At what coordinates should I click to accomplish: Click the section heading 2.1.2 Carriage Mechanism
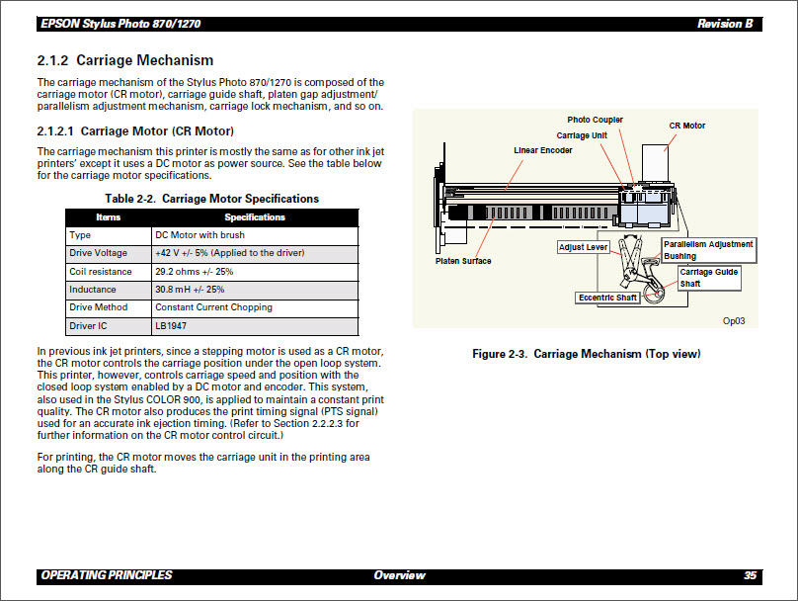pyautogui.click(x=125, y=60)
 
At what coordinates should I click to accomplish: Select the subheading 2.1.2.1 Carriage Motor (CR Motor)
pyautogui.click(x=135, y=130)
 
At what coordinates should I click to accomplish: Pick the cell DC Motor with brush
pyautogui.click(x=199, y=235)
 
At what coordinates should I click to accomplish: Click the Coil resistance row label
pyautogui.click(x=100, y=272)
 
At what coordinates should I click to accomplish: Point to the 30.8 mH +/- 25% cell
pyautogui.click(x=190, y=290)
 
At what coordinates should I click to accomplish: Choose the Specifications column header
pyautogui.click(x=254, y=217)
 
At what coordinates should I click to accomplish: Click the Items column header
pyautogui.click(x=108, y=217)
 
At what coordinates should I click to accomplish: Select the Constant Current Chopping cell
pyautogui.click(x=213, y=307)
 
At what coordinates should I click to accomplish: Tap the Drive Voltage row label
pyautogui.click(x=98, y=253)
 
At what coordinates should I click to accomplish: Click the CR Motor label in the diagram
pyautogui.click(x=687, y=126)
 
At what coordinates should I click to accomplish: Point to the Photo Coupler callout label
pyautogui.click(x=595, y=121)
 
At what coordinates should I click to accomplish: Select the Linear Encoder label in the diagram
pyautogui.click(x=542, y=150)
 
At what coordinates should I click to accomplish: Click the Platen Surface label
pyautogui.click(x=463, y=261)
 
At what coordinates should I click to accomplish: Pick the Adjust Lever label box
pyautogui.click(x=583, y=247)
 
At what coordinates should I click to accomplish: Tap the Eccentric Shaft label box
pyautogui.click(x=607, y=298)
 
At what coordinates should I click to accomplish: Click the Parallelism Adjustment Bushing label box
pyautogui.click(x=707, y=250)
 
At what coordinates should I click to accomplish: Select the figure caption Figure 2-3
pyautogui.click(x=587, y=354)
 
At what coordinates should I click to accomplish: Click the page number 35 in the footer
pyautogui.click(x=750, y=575)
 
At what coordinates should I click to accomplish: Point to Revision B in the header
pyautogui.click(x=725, y=24)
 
